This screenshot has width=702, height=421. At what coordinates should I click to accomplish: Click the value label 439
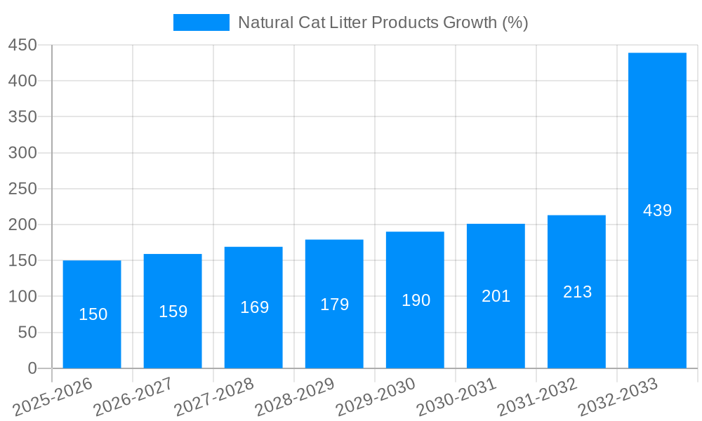[x=657, y=210]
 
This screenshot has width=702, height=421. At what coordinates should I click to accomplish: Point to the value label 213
[x=577, y=292]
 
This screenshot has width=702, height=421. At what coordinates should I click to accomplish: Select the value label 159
[x=173, y=312]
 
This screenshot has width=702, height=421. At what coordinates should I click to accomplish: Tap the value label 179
[x=334, y=305]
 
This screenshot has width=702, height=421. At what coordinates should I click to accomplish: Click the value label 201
[x=496, y=296]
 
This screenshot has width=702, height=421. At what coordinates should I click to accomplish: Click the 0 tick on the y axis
[x=32, y=368]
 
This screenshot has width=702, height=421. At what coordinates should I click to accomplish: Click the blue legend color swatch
[x=201, y=22]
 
